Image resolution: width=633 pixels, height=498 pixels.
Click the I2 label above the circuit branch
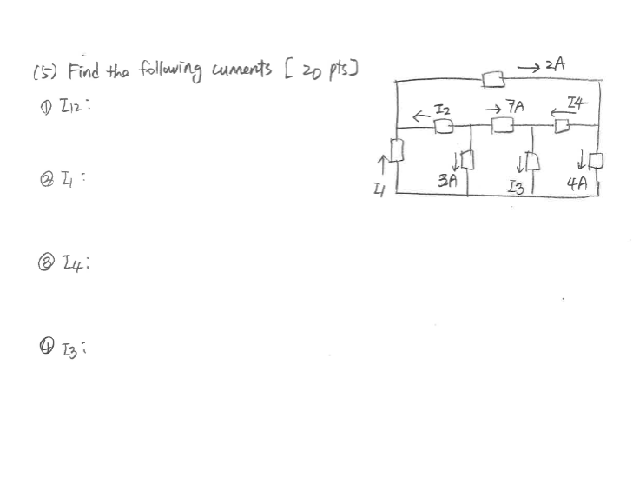442,109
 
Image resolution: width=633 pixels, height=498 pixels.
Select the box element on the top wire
494,81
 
